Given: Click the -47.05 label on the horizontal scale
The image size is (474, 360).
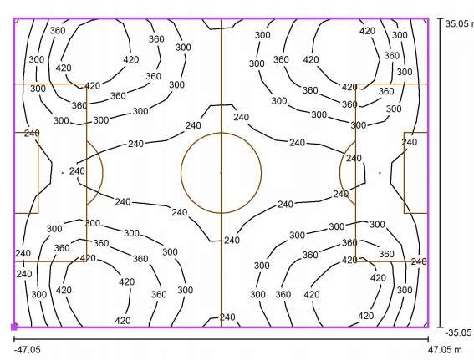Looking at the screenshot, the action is [x=28, y=350].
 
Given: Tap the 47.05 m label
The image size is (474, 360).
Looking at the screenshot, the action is [x=445, y=350].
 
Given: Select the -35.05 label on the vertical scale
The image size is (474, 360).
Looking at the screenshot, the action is [x=458, y=332].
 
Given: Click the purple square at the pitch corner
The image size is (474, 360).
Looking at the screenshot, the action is [x=14, y=327].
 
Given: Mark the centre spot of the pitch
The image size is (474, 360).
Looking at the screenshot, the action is [x=221, y=173].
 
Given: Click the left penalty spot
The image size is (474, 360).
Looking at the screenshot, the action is [x=63, y=173].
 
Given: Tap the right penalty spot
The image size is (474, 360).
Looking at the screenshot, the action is [x=380, y=173].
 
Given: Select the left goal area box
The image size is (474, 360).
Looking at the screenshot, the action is [x=38, y=173].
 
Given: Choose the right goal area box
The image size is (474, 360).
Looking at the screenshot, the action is [x=404, y=173].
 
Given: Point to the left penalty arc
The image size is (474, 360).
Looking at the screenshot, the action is [x=103, y=173].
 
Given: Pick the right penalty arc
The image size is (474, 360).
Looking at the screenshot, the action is [x=339, y=173].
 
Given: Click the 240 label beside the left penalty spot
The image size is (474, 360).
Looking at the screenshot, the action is [x=77, y=171].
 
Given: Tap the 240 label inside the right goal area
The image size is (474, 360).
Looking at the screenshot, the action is [x=410, y=142].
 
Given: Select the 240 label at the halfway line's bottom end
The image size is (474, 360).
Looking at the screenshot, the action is [x=227, y=317].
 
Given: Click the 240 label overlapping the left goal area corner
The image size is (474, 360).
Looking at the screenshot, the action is [x=32, y=133].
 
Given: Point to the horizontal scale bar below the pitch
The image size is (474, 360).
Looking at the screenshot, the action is [x=221, y=339].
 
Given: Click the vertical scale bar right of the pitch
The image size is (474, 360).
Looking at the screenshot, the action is [x=441, y=173].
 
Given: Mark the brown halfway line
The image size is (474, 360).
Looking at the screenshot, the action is [x=221, y=173].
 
